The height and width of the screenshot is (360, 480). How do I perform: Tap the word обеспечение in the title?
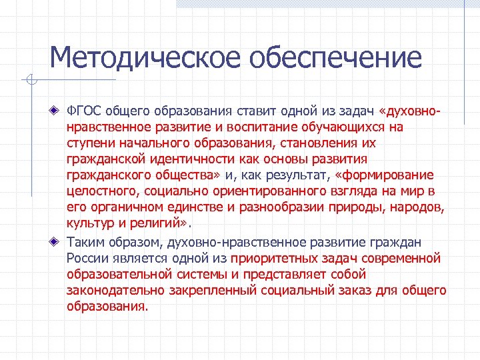tap(336, 57)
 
